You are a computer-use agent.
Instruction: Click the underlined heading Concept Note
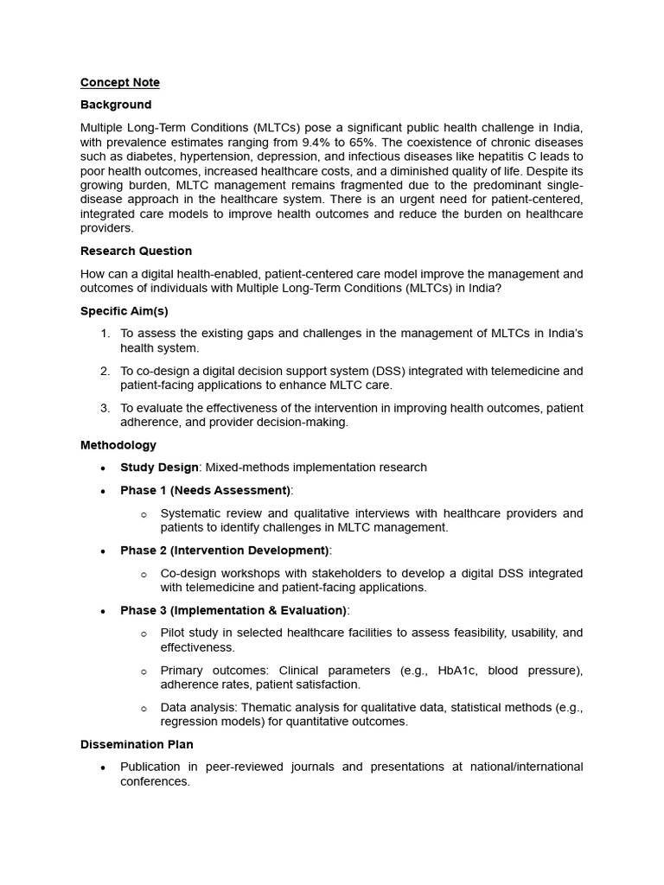pos(120,83)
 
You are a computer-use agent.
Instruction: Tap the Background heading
pos(116,105)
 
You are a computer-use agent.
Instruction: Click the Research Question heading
pos(136,251)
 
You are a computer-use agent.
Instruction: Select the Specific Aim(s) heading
pos(124,311)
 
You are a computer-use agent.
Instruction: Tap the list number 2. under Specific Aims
pos(105,371)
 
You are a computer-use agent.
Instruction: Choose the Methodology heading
pos(118,445)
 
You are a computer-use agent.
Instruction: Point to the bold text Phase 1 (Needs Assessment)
pos(205,490)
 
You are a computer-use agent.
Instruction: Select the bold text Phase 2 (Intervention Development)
pos(224,551)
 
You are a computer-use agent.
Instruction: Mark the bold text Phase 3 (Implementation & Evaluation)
pos(233,610)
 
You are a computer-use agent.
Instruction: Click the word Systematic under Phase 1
pos(191,513)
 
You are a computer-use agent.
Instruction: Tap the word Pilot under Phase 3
pos(174,633)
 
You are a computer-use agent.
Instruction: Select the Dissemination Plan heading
pos(137,744)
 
